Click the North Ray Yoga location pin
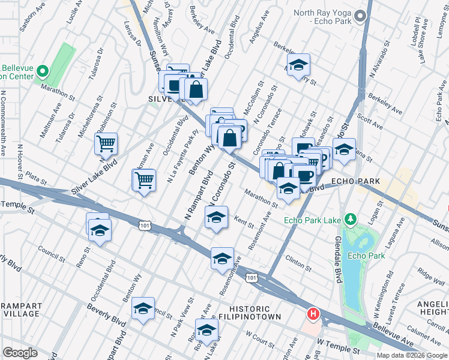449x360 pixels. pyautogui.click(x=360, y=16)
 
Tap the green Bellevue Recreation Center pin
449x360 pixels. pyautogui.click(x=42, y=71)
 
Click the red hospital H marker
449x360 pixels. pyautogui.click(x=313, y=314)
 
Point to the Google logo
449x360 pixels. pyautogui.click(x=20, y=353)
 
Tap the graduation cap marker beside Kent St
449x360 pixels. pyautogui.click(x=217, y=217)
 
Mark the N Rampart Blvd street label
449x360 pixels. pyautogui.click(x=197, y=196)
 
